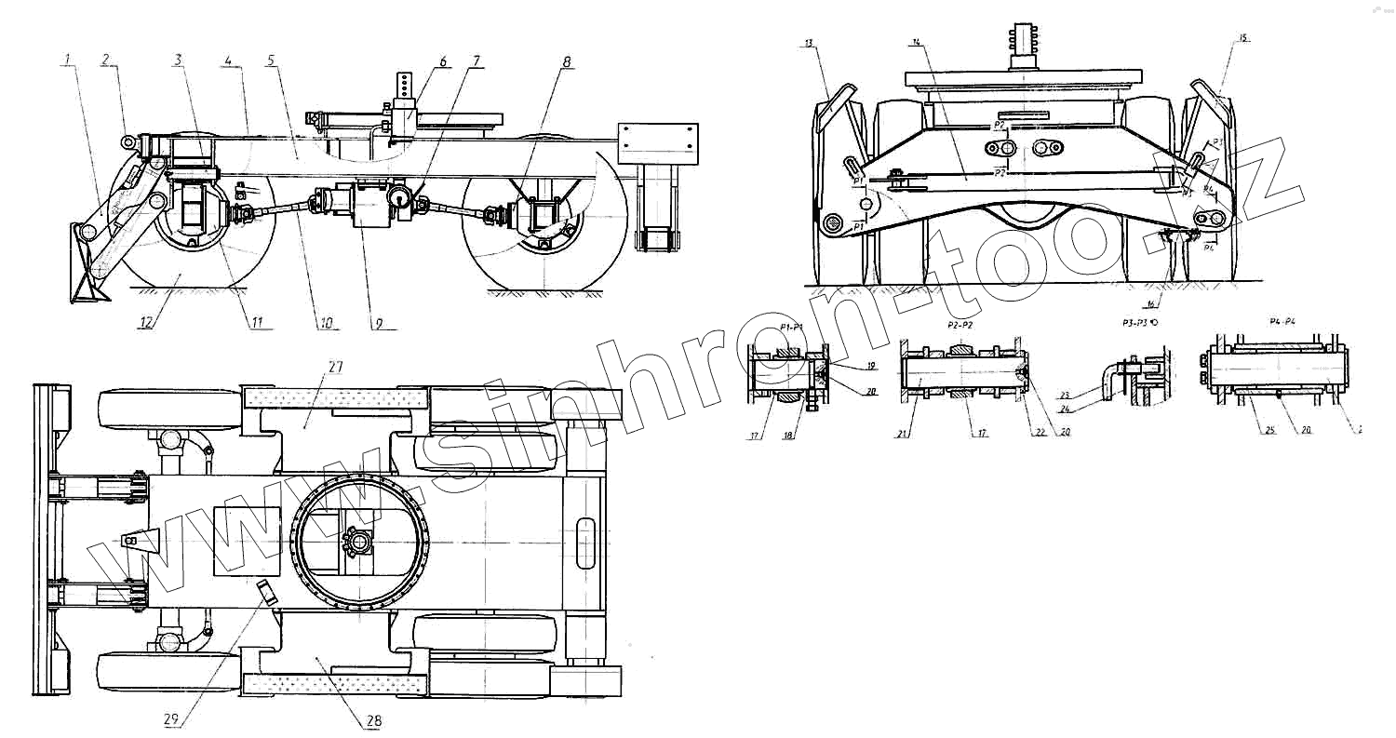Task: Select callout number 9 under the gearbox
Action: click(x=380, y=324)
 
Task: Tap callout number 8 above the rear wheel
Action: click(x=566, y=62)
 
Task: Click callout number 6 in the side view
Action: click(x=443, y=62)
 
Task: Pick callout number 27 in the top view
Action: click(x=334, y=368)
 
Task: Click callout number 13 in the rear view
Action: click(x=810, y=43)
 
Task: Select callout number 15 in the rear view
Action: click(x=1244, y=38)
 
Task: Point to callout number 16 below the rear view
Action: click(x=1151, y=304)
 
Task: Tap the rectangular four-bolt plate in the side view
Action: click(x=658, y=142)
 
